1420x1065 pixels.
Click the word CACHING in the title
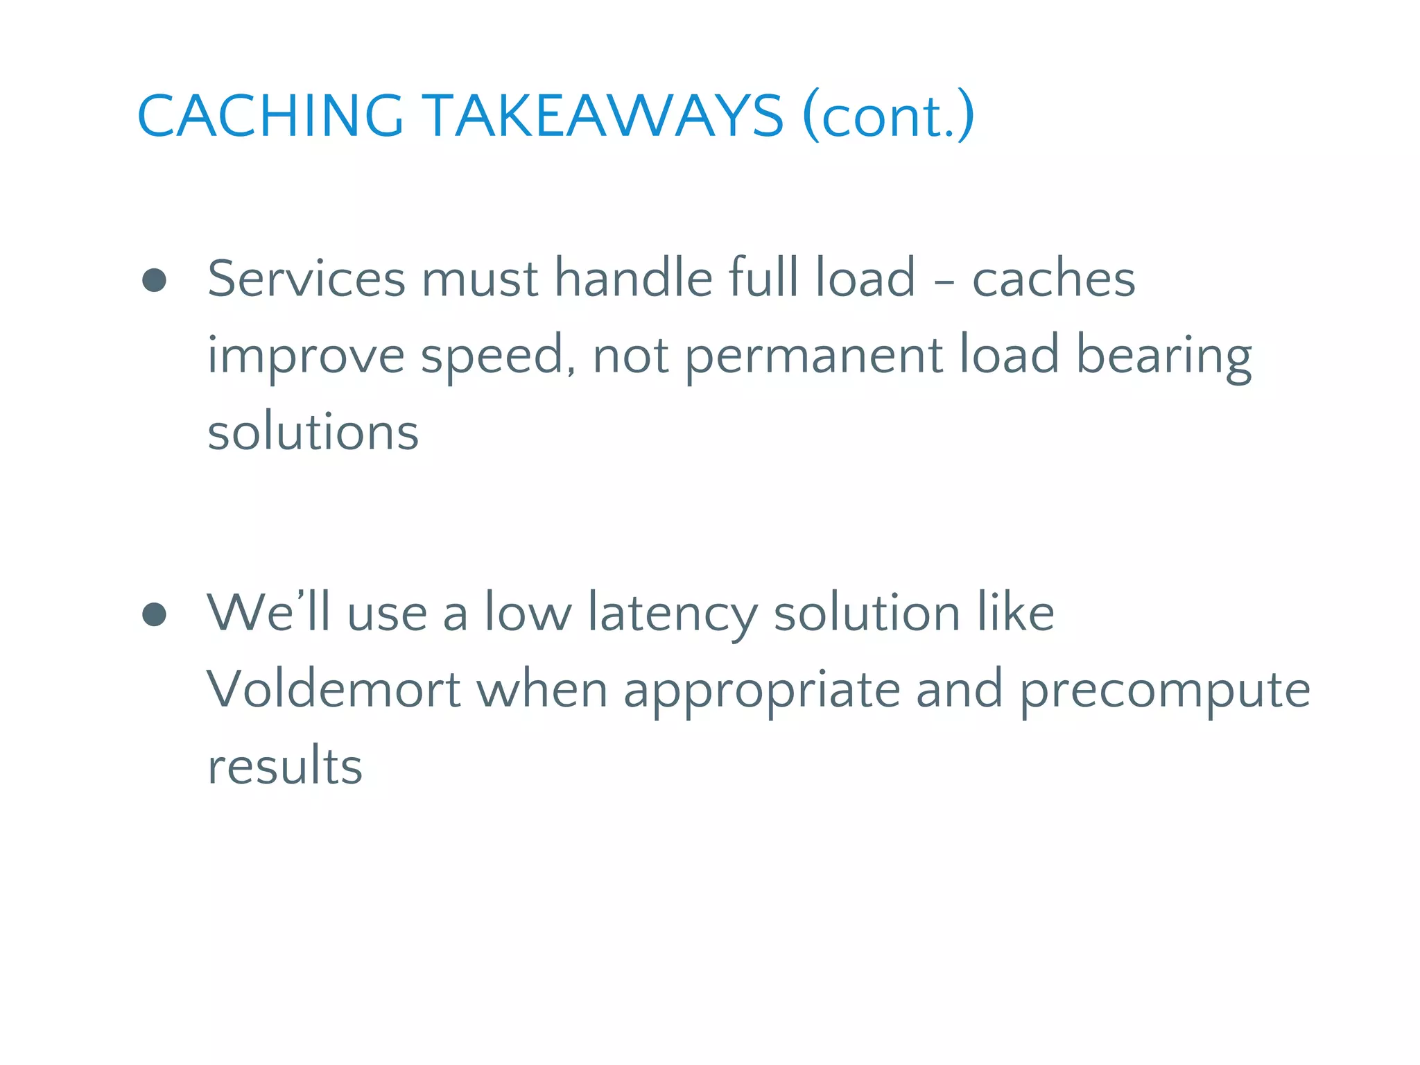(x=270, y=116)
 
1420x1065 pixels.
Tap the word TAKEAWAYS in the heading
(x=603, y=116)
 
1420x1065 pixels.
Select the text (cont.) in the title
(x=888, y=116)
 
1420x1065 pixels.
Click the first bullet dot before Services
(x=154, y=280)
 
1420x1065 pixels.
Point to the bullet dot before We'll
(x=154, y=614)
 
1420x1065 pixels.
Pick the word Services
(x=306, y=279)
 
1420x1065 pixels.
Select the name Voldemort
(x=334, y=690)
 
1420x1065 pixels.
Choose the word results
(x=285, y=767)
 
